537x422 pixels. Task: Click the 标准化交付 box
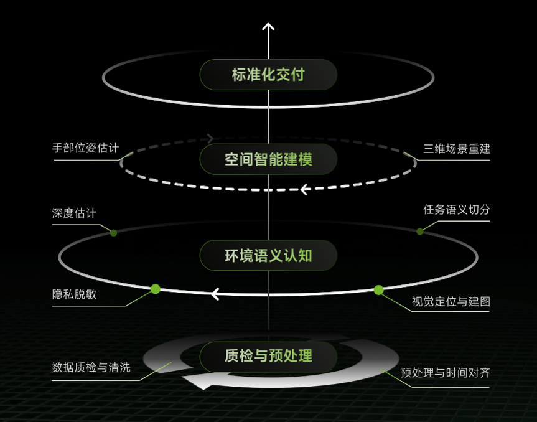click(x=268, y=75)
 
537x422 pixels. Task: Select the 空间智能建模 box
click(x=268, y=159)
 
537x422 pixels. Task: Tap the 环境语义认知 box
click(x=268, y=256)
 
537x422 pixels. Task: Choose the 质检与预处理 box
click(x=268, y=356)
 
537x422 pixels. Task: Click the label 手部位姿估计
click(x=86, y=148)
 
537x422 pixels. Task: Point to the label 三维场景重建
click(x=457, y=149)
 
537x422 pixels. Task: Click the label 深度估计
click(x=74, y=213)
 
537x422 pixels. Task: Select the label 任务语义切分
click(x=457, y=209)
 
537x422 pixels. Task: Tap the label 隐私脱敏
click(x=74, y=294)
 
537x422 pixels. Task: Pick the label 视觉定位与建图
click(x=451, y=301)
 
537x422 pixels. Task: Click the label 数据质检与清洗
click(x=91, y=367)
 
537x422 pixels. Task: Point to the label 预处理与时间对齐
click(x=445, y=373)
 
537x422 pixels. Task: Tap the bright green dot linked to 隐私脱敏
click(x=156, y=289)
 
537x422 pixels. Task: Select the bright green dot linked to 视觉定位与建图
click(x=378, y=290)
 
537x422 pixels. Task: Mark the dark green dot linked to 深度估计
click(x=114, y=233)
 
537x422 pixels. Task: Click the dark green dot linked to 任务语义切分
click(x=420, y=232)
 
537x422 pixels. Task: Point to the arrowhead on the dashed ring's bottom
click(x=305, y=189)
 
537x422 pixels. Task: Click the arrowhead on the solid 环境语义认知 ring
click(x=215, y=294)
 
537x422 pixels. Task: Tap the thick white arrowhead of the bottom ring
click(x=199, y=381)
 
